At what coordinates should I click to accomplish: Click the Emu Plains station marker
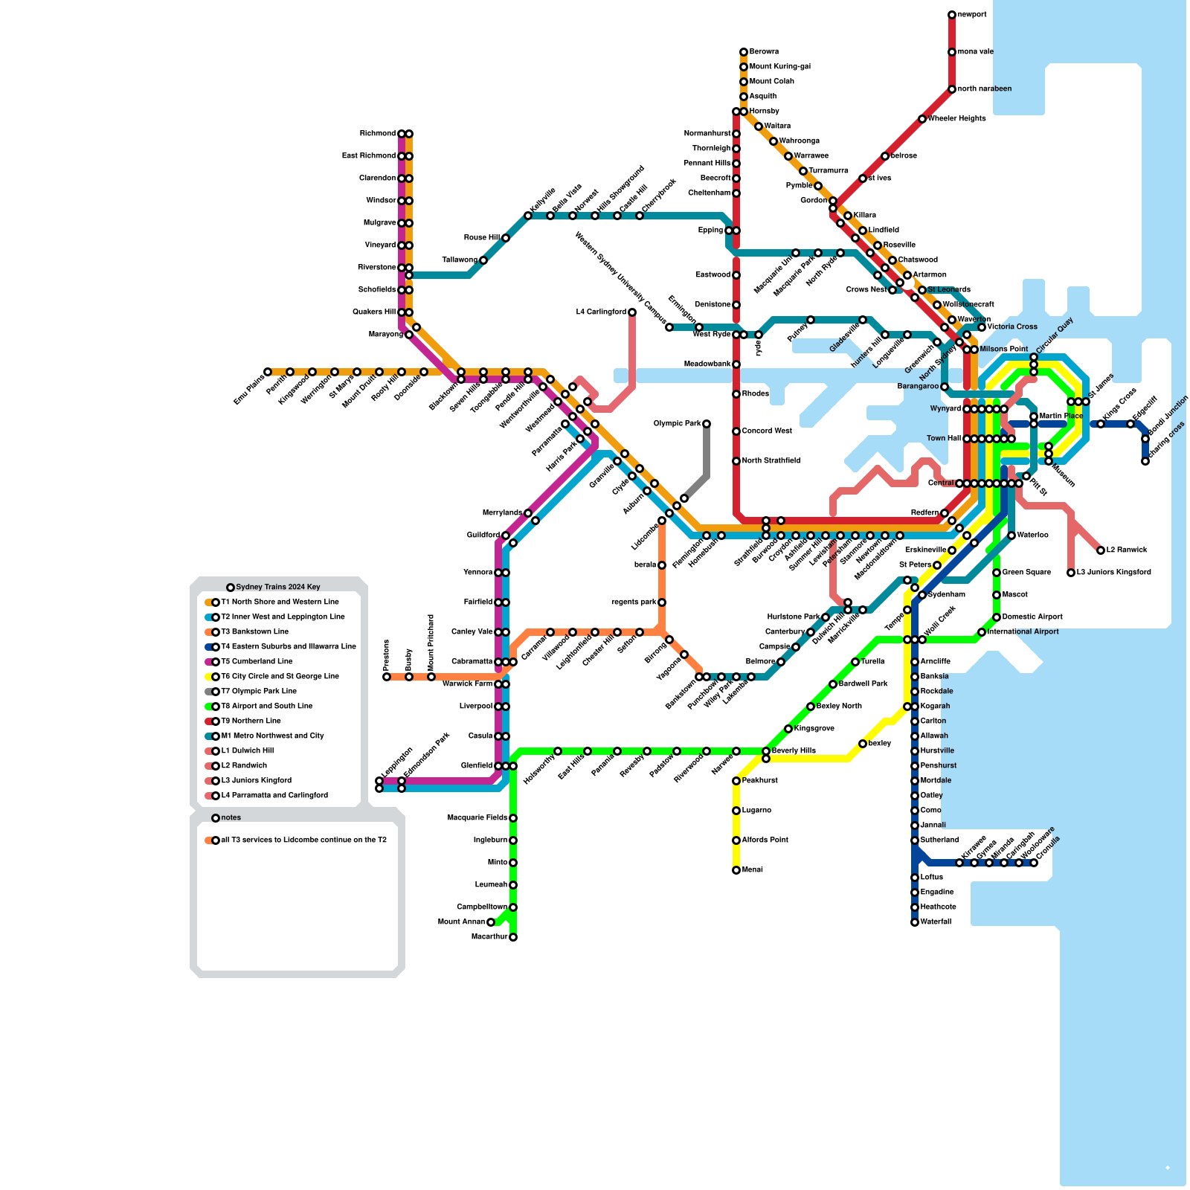268,372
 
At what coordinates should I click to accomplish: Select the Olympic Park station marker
707,424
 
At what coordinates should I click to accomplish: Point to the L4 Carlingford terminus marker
632,312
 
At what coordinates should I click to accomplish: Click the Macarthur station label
489,937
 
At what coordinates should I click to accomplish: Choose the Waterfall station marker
915,922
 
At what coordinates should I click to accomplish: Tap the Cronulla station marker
1034,863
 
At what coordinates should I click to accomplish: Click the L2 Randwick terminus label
1127,550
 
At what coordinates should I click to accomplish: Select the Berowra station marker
744,52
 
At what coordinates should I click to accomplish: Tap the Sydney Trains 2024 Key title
277,588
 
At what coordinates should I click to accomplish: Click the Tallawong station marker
483,260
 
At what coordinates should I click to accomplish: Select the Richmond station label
378,134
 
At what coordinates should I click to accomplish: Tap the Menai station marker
736,870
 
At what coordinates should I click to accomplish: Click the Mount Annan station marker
491,922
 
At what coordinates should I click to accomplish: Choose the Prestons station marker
387,677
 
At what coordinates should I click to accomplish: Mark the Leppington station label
397,762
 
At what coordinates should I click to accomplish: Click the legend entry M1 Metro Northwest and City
272,736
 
